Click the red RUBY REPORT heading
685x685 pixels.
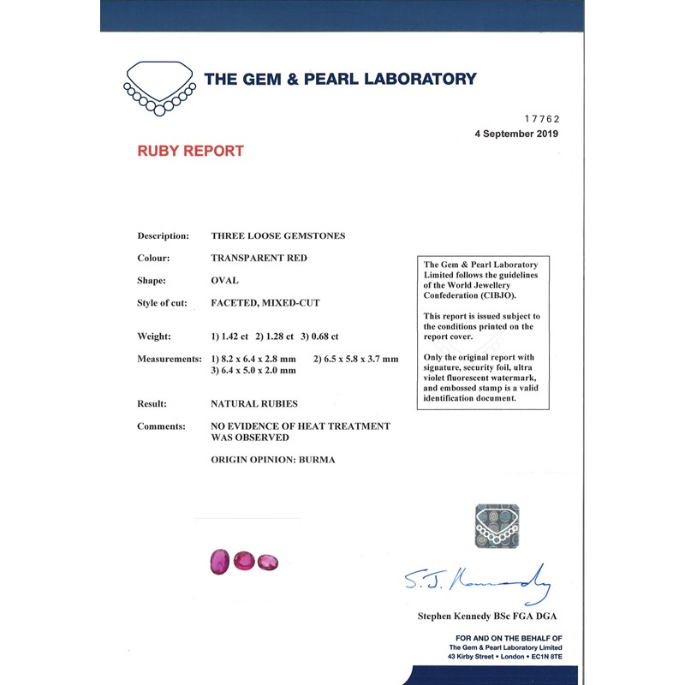(x=190, y=151)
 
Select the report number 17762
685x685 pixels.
(x=541, y=119)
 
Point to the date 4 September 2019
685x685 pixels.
(x=516, y=134)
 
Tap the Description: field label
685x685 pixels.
(x=163, y=235)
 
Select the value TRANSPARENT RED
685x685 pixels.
(x=259, y=258)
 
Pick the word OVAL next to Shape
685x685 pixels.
(x=224, y=280)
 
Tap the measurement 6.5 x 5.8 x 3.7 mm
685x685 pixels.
(x=355, y=359)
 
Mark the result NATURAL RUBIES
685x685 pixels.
(x=254, y=403)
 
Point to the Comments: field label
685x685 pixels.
(x=161, y=426)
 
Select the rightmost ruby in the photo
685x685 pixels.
(x=268, y=562)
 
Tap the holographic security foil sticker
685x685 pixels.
(x=497, y=526)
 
